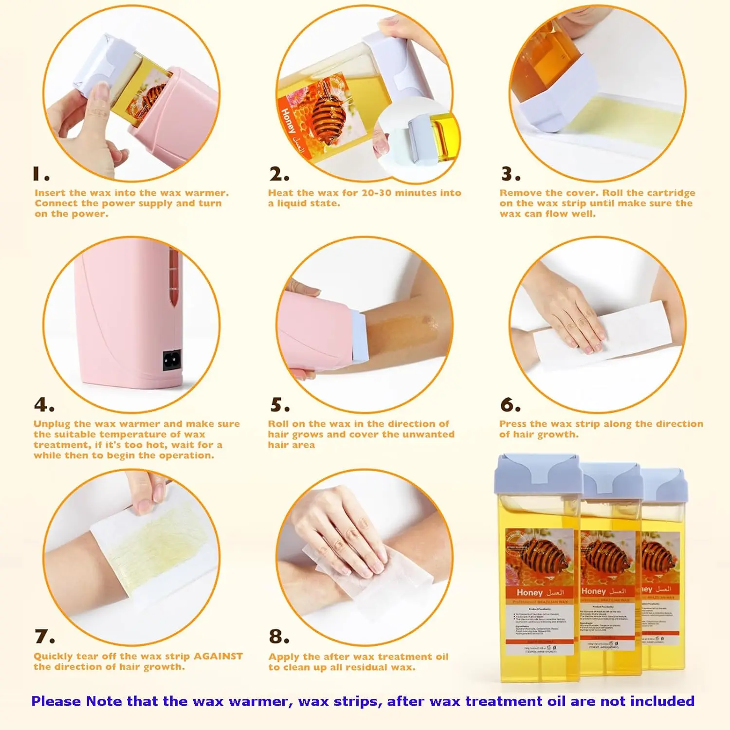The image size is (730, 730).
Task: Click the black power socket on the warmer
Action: [171, 360]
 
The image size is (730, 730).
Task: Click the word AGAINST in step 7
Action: [218, 656]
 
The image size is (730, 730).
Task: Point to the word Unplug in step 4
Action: [52, 424]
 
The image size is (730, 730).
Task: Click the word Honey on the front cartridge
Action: [529, 592]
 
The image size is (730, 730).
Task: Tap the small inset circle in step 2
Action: [417, 139]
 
